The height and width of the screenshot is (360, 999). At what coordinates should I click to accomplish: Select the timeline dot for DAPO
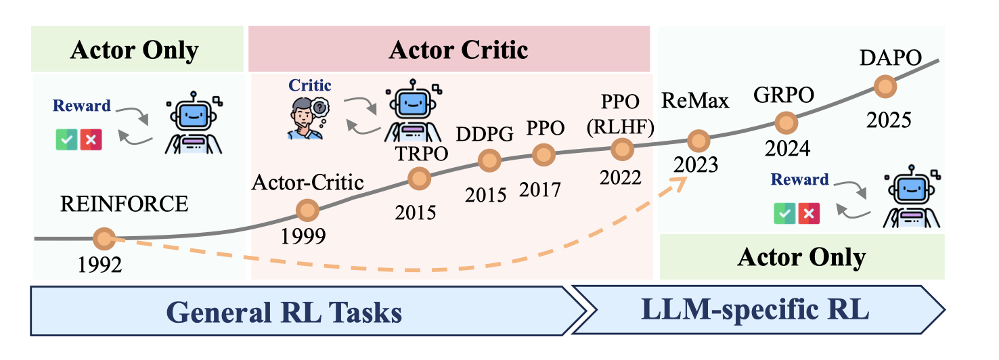[x=884, y=87]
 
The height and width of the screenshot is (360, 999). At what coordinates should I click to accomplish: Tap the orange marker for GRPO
[x=786, y=122]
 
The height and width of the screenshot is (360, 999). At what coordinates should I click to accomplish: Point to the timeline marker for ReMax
[x=697, y=141]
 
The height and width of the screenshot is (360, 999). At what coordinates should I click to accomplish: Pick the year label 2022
[x=620, y=177]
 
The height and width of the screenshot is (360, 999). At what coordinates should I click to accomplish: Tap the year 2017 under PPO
[x=540, y=189]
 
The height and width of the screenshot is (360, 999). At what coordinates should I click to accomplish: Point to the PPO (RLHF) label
[x=620, y=116]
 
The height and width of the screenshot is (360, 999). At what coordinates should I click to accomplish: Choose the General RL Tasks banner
[x=284, y=312]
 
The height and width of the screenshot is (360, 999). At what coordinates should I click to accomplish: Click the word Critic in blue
[x=310, y=85]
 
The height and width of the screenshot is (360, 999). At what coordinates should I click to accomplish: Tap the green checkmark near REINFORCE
[x=66, y=139]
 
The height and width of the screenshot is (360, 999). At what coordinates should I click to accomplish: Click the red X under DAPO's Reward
[x=808, y=214]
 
